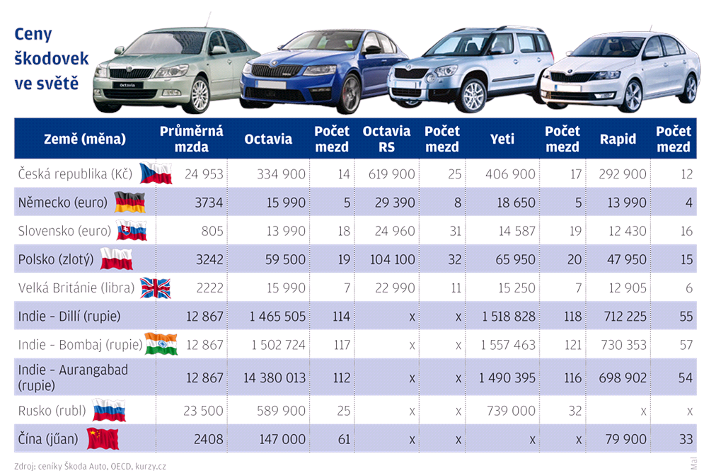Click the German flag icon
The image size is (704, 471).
pos(129,203)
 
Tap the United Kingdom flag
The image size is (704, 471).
pos(156,288)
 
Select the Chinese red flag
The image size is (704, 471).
pos(103,438)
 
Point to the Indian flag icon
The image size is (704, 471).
pos(161,344)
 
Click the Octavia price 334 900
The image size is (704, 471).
pos(281,174)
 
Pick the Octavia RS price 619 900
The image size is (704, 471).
pos(391,174)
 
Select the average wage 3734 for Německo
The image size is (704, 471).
pos(209,203)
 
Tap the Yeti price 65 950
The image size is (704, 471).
pos(515,259)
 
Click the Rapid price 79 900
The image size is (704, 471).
pos(626,439)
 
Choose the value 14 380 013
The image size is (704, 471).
pos(275,378)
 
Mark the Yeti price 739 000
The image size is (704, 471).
pos(511,411)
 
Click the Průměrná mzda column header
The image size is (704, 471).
pos(191,139)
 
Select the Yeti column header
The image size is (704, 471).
pos(502,139)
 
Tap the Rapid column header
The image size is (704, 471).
pos(618,139)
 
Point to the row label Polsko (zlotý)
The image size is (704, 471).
pos(56,260)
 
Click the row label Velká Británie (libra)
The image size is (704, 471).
pos(76,288)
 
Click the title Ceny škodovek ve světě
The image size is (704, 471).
pos(51,58)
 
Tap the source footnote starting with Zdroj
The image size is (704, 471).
pos(91,466)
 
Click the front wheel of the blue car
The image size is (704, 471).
pos(349,94)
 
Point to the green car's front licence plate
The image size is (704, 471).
pos(127,85)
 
